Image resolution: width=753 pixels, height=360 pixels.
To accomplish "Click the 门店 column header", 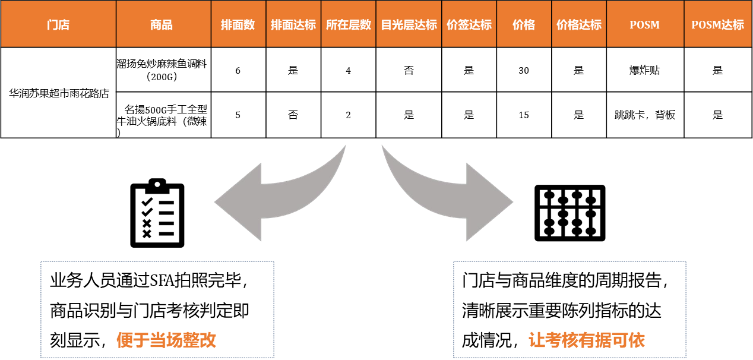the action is [58, 25].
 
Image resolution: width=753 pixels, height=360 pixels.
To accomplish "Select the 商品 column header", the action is [162, 25].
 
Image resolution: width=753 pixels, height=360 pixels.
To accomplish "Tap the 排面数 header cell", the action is [238, 25].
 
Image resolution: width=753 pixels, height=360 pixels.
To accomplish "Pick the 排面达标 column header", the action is [293, 25].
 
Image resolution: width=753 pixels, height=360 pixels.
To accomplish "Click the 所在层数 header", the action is [349, 25].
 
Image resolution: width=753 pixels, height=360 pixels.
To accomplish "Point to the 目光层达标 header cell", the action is [409, 25].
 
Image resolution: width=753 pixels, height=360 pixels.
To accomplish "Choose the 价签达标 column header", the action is [469, 25].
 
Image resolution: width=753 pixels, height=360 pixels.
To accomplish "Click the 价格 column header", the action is [524, 25].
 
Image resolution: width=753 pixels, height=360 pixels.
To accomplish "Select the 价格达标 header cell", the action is [579, 25].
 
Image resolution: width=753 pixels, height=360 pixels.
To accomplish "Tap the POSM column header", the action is [645, 25].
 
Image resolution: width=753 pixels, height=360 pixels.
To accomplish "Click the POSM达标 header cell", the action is [717, 25].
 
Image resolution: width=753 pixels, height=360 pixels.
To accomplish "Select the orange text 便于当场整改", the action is [166, 340].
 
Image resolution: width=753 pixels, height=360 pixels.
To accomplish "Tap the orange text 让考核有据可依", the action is [587, 340].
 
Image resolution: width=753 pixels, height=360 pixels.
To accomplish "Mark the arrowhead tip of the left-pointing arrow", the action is [216, 202].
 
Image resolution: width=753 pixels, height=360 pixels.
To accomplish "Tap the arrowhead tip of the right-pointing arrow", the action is [512, 202].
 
